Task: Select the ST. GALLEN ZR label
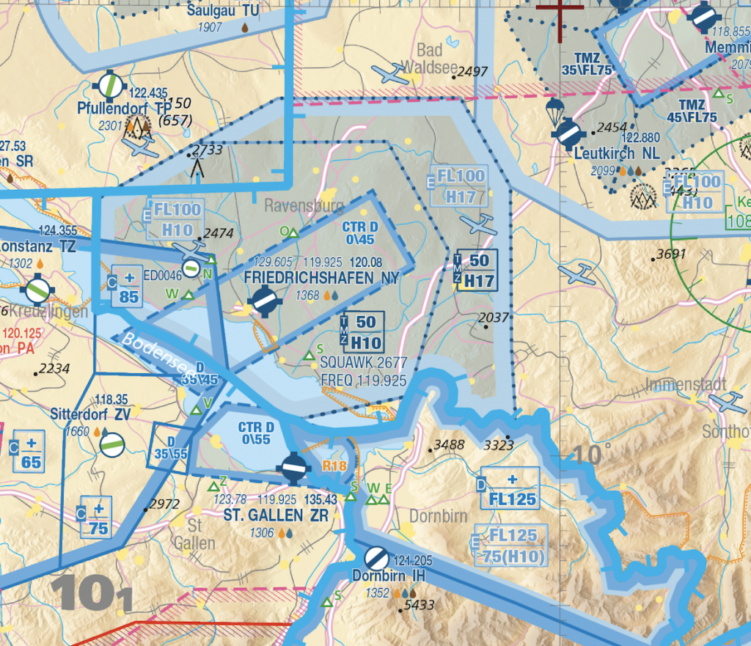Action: point(276,515)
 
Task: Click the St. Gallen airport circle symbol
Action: point(293,467)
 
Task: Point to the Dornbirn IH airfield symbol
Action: point(377,559)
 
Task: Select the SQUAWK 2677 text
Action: point(364,364)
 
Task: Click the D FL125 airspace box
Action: point(511,490)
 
